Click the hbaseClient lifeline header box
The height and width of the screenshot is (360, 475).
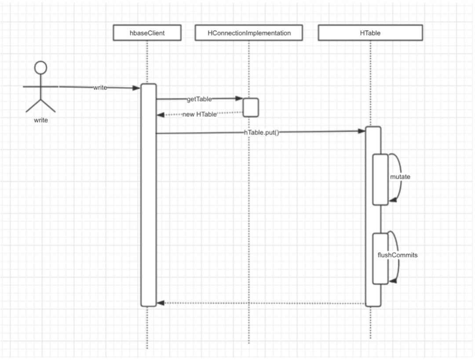(147, 33)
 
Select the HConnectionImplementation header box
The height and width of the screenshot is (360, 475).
(249, 33)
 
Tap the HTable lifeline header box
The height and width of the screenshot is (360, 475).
(370, 33)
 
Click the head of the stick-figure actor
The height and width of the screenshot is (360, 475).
(41, 67)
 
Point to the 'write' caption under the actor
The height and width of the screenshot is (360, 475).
(40, 120)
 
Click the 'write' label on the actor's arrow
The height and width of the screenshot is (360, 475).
(100, 88)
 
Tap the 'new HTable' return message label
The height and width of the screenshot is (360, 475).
(200, 114)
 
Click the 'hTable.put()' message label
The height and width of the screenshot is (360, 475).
(262, 132)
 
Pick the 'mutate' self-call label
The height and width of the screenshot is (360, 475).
(400, 177)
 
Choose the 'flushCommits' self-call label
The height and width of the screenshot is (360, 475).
(398, 255)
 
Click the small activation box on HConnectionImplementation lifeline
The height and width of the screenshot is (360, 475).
(251, 107)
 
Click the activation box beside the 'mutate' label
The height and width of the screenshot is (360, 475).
(380, 179)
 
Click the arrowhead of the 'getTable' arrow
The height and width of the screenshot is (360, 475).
(240, 99)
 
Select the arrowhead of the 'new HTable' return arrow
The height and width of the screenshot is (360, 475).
(161, 115)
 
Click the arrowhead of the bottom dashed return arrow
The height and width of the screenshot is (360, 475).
(161, 303)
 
